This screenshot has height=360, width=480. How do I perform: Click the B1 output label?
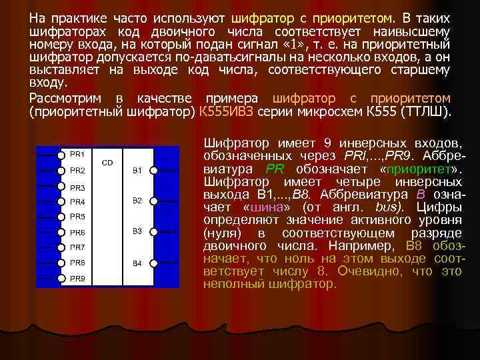pyautogui.click(x=137, y=171)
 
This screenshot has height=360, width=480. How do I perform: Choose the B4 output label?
pyautogui.click(x=137, y=263)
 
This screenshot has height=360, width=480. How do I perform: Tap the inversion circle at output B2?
pyautogui.click(x=153, y=201)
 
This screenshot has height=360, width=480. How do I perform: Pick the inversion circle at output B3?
pyautogui.click(x=153, y=232)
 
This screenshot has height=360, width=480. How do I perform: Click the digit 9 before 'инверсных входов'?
pyautogui.click(x=331, y=143)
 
